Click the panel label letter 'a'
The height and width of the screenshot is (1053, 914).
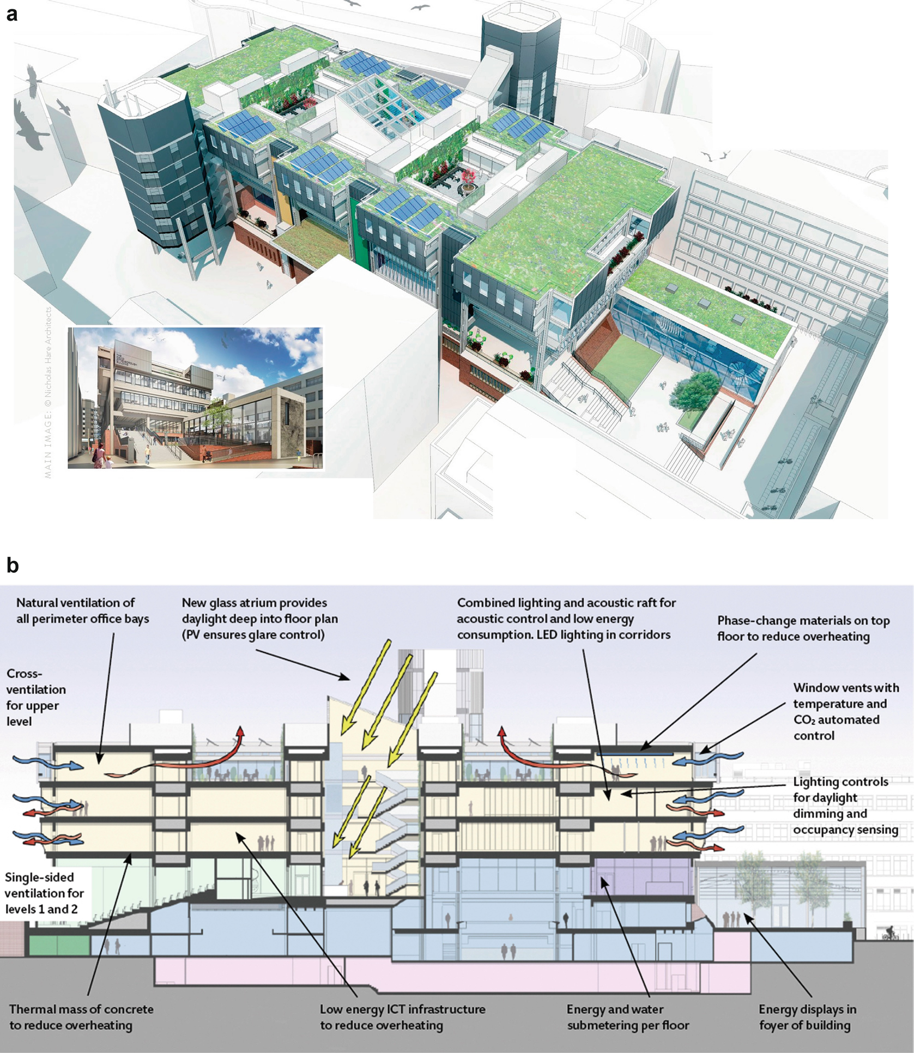click(11, 14)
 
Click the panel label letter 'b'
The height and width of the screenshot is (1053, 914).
click(12, 565)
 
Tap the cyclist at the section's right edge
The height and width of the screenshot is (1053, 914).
click(889, 933)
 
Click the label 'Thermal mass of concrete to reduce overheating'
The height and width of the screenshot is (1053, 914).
click(81, 1017)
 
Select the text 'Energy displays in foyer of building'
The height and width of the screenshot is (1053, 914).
click(807, 1017)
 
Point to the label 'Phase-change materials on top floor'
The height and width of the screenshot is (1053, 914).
click(803, 628)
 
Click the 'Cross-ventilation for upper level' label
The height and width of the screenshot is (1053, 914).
click(35, 697)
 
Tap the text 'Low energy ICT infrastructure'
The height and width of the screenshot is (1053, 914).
click(402, 1009)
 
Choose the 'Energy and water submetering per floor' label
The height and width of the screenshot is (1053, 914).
click(627, 1017)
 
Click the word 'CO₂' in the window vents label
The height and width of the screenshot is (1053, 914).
click(804, 720)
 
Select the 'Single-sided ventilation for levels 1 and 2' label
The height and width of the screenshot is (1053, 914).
click(44, 893)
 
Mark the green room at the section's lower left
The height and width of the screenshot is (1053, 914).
click(58, 945)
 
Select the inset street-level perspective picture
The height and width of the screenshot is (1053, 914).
click(195, 398)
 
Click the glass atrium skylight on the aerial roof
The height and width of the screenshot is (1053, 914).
click(382, 109)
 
